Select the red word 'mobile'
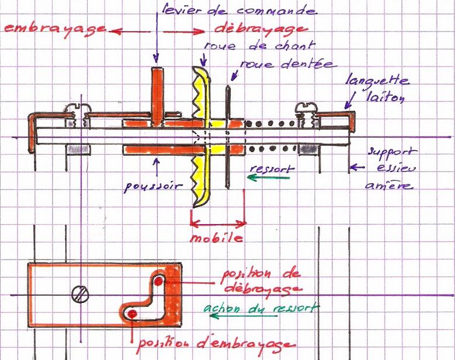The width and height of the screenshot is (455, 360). (x=216, y=239)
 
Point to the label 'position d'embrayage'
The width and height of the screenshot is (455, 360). (x=214, y=343)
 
